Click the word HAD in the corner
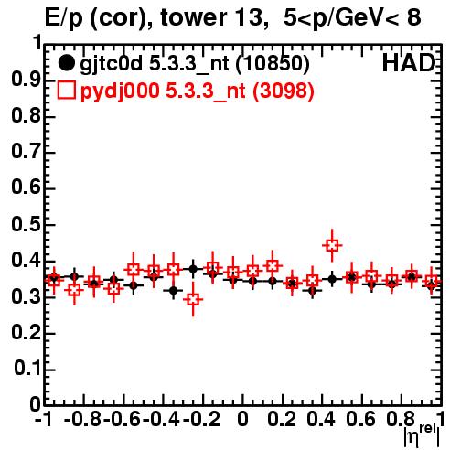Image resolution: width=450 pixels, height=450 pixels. pyautogui.click(x=409, y=63)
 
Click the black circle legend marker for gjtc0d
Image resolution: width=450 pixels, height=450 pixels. pyautogui.click(x=66, y=63)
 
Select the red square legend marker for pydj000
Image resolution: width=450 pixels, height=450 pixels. pyautogui.click(x=66, y=90)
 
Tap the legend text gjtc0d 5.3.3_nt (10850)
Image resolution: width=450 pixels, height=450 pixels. pyautogui.click(x=195, y=64)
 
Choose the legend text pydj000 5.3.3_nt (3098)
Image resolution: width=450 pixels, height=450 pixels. pyautogui.click(x=197, y=91)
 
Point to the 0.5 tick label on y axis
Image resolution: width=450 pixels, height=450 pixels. pyautogui.click(x=26, y=225)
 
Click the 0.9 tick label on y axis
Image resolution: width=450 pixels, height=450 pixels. pyautogui.click(x=26, y=80)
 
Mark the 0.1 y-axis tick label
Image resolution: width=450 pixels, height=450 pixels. pyautogui.click(x=27, y=369)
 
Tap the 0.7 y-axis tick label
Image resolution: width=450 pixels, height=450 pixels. pyautogui.click(x=26, y=152)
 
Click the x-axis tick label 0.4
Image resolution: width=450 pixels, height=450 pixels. pyautogui.click(x=321, y=419)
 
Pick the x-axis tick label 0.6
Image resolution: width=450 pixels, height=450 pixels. pyautogui.click(x=360, y=419)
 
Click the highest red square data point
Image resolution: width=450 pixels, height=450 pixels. pyautogui.click(x=332, y=245)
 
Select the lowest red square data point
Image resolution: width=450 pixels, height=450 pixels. pyautogui.click(x=193, y=299)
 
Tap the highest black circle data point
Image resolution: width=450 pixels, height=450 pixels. pyautogui.click(x=193, y=269)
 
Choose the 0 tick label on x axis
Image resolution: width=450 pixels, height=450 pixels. pyautogui.click(x=242, y=419)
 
